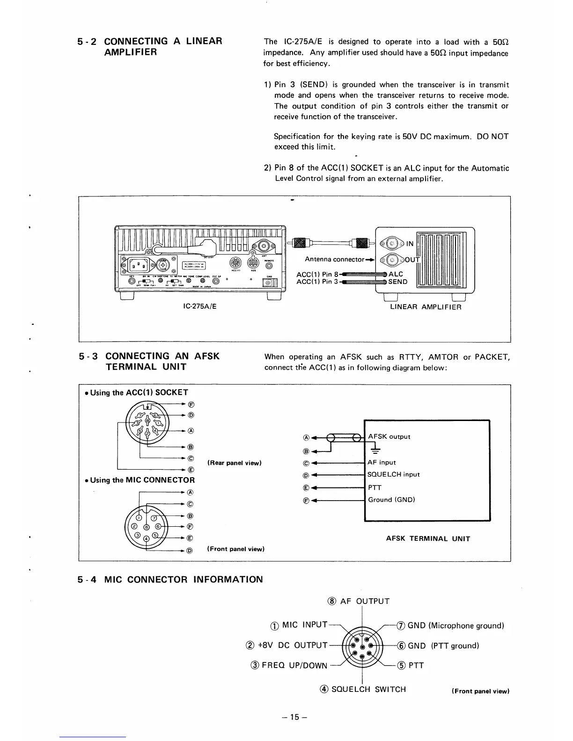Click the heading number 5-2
(x=87, y=41)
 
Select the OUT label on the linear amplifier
(x=412, y=260)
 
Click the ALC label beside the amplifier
(x=396, y=274)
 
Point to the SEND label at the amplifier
(x=398, y=282)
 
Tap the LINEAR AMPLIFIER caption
(x=426, y=307)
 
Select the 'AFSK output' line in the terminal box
(x=389, y=436)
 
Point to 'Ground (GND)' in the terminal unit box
(x=391, y=500)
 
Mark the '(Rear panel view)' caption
(x=234, y=463)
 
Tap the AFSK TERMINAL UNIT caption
(x=428, y=538)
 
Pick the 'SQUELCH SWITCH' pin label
(x=368, y=689)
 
